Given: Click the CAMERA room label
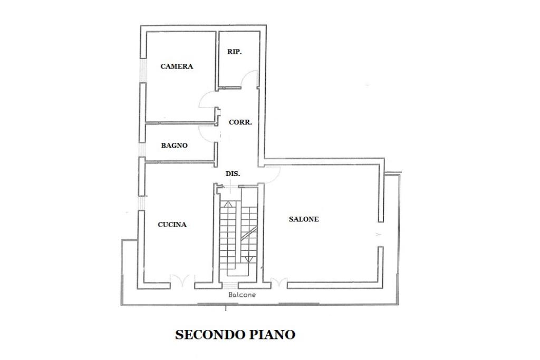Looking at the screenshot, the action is (177, 66).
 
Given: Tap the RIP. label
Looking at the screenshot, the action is (235, 52).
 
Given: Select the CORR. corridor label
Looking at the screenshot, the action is (240, 122).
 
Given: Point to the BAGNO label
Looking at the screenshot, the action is (175, 145).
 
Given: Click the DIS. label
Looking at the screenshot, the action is (233, 173).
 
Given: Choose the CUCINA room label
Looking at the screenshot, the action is (172, 225).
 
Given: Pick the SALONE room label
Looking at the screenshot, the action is (304, 219).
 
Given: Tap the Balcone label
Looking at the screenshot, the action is (242, 295).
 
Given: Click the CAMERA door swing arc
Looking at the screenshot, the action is (208, 101).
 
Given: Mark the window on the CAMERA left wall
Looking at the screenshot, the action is (141, 69).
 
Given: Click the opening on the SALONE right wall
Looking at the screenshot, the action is (379, 234).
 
